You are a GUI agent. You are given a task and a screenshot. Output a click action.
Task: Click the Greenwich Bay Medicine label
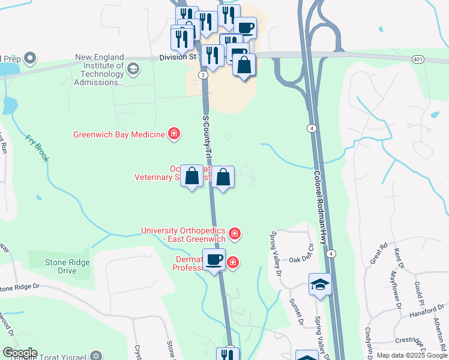pyautogui.click(x=119, y=134)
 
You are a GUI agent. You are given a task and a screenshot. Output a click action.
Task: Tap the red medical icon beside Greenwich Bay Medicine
pyautogui.click(x=174, y=133)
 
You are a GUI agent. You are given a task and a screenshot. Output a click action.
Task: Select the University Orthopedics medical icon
pyautogui.click(x=235, y=233)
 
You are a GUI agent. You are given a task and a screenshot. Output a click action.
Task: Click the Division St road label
pyautogui.click(x=178, y=58)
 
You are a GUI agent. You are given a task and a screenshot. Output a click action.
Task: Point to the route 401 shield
pyautogui.click(x=418, y=59)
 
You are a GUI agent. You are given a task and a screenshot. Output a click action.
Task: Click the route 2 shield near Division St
pyautogui.click(x=203, y=74)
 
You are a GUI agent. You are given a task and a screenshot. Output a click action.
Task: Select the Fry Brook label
pyautogui.click(x=37, y=148)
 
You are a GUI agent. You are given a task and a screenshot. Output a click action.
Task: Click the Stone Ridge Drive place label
pyautogui.click(x=67, y=266)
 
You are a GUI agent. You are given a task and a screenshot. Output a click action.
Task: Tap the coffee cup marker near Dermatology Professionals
pyautogui.click(x=214, y=260)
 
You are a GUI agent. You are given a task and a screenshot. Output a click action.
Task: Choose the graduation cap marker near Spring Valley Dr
pyautogui.click(x=320, y=284)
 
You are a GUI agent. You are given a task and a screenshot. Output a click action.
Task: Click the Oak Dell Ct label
pyautogui.click(x=301, y=259)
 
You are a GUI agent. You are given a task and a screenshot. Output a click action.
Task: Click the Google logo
pyautogui.click(x=19, y=353)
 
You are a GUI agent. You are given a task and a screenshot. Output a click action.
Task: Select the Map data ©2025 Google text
pyautogui.click(x=411, y=356)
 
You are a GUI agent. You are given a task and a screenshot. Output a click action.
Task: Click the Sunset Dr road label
pyautogui.click(x=296, y=311)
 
